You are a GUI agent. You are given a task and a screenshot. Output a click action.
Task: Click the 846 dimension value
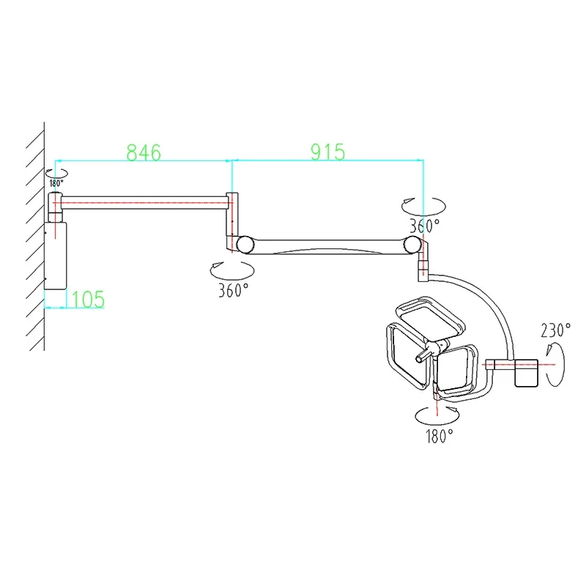(144, 152)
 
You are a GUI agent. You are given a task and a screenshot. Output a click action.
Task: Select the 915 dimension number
(327, 152)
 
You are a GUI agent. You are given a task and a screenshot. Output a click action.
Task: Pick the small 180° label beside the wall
(56, 183)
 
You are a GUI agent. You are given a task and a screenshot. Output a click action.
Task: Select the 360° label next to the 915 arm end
(424, 223)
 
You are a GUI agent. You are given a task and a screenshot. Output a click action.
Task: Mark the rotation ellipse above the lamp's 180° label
(437, 415)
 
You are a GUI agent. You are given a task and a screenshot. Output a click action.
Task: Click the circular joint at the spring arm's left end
(242, 242)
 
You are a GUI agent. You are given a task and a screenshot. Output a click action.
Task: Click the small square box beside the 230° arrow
(527, 371)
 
